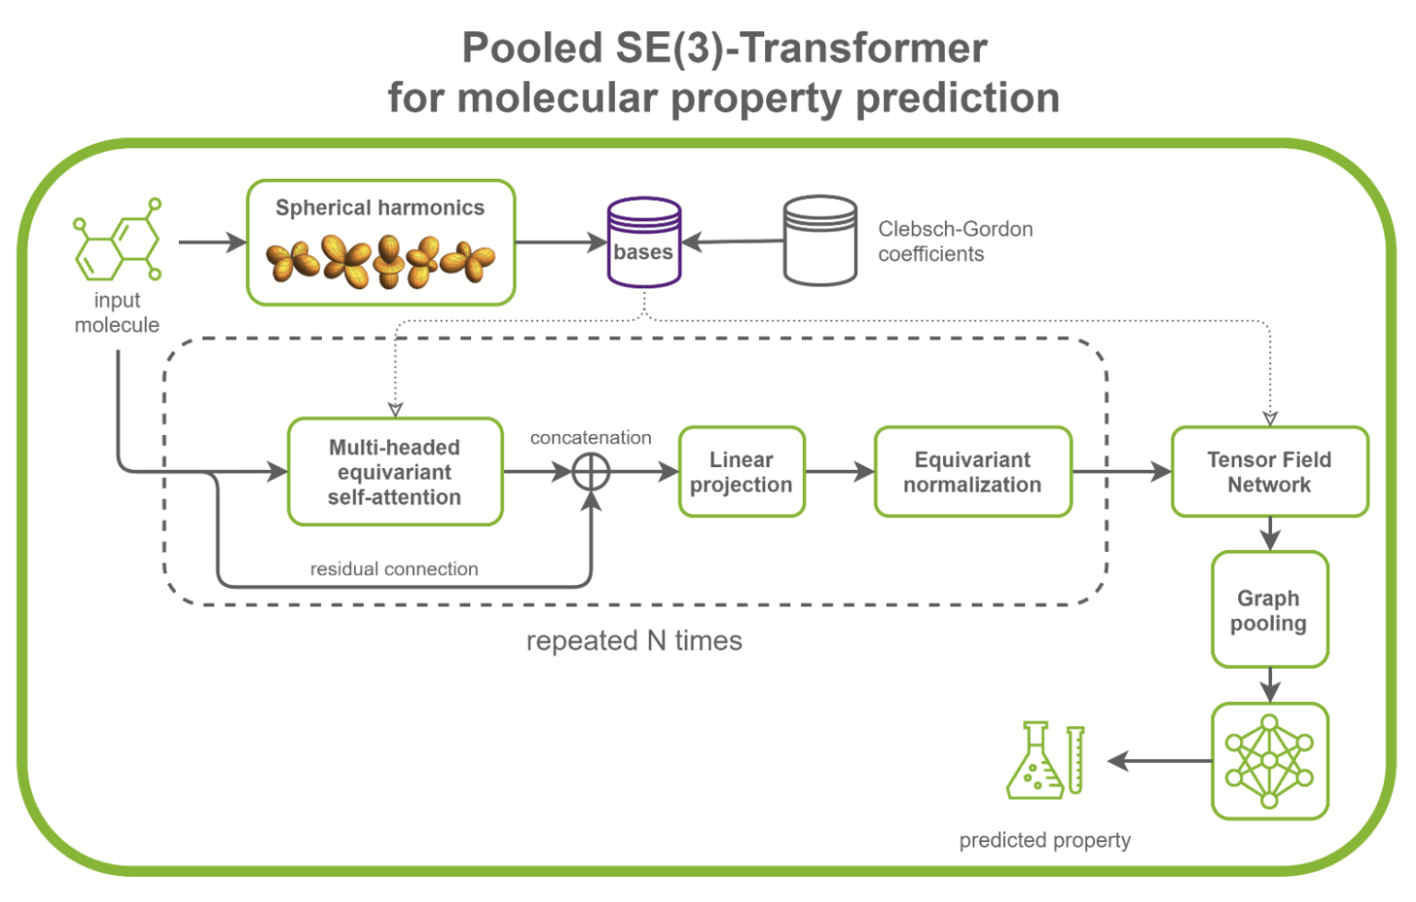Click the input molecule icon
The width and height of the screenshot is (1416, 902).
(x=117, y=241)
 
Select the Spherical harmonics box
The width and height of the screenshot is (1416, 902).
(x=380, y=242)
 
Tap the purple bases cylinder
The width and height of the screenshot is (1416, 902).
(x=643, y=243)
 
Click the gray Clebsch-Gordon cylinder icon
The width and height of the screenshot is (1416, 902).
(x=820, y=240)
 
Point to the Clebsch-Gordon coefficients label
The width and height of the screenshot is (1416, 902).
(x=954, y=241)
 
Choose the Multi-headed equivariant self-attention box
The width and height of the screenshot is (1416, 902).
(x=395, y=472)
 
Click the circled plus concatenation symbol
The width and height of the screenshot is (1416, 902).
(x=591, y=473)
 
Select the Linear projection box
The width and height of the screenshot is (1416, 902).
(x=741, y=472)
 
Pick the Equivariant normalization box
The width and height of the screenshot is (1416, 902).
(x=973, y=472)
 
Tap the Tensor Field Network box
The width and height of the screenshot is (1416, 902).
(x=1268, y=472)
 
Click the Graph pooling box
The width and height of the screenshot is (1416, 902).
(x=1268, y=610)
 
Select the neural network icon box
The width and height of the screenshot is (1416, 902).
(x=1268, y=761)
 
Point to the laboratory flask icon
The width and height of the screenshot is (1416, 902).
(x=1034, y=761)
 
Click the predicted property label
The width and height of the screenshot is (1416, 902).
(x=1044, y=840)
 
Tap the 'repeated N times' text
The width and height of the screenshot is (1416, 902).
(x=633, y=640)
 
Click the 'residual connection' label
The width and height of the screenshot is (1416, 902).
(x=394, y=569)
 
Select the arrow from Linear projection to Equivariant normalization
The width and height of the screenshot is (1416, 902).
(x=839, y=473)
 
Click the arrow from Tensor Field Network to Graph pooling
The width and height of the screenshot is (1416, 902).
(x=1269, y=533)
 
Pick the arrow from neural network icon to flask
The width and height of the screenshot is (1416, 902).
(x=1159, y=761)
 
